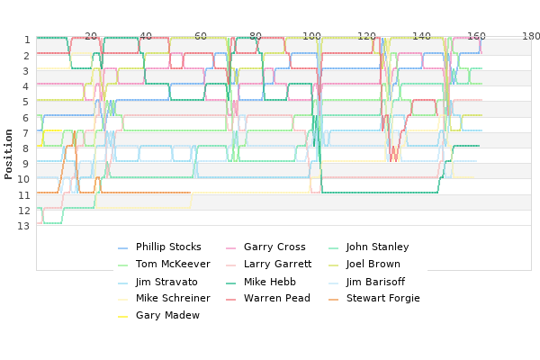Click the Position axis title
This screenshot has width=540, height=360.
coord(8,154)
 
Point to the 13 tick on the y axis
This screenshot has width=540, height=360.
coord(23,226)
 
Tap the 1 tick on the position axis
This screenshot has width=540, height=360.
coord(27,40)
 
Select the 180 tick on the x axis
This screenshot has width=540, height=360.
coord(531,36)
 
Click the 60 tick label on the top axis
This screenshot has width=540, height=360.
coord(201,36)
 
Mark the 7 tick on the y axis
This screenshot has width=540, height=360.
coord(26,133)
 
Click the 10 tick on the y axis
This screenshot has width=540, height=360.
coord(23,179)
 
